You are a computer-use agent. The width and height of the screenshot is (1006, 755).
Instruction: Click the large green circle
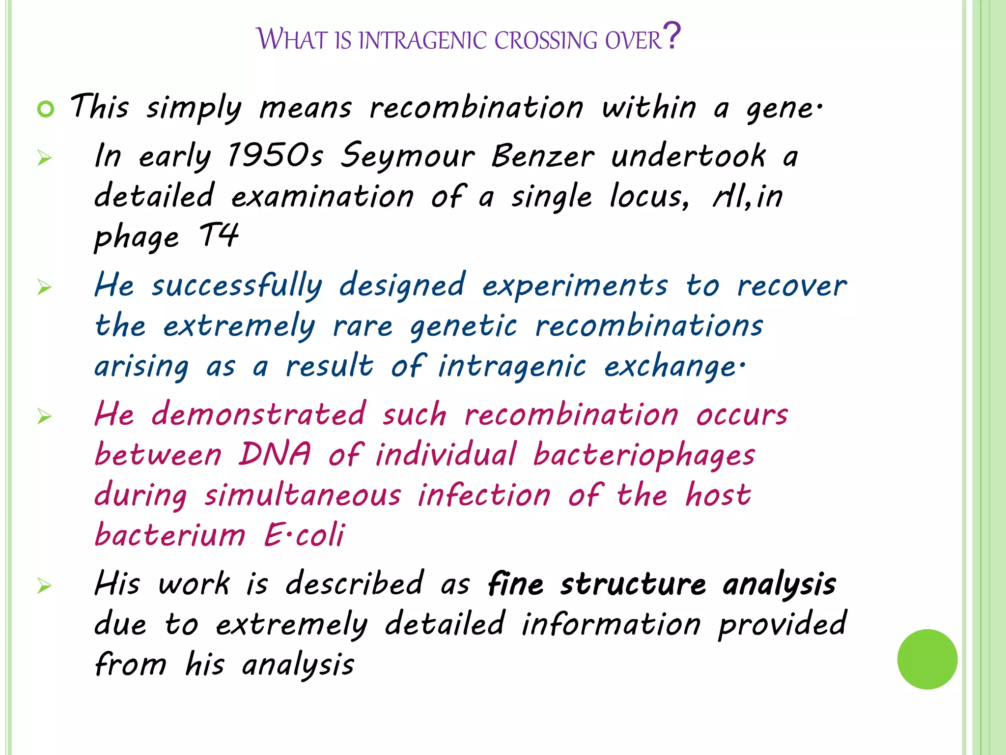[x=927, y=659]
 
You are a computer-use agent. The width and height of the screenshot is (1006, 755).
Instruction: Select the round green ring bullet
[x=46, y=109]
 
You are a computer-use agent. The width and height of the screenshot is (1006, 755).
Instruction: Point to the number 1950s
[x=275, y=156]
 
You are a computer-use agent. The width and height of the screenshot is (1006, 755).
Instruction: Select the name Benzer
[x=543, y=156]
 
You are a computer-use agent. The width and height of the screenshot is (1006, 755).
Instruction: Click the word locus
[x=648, y=197]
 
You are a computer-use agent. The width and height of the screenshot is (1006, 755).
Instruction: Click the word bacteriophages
[x=644, y=455]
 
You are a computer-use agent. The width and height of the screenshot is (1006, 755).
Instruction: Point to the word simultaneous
[x=303, y=495]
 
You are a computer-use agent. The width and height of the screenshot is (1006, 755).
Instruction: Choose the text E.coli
[x=304, y=535]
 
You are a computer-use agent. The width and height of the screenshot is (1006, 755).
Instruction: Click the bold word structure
[x=633, y=585]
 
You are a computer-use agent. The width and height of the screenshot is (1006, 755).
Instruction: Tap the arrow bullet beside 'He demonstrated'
[x=44, y=416]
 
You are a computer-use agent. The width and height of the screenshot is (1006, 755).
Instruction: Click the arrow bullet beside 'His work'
[x=44, y=585]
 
